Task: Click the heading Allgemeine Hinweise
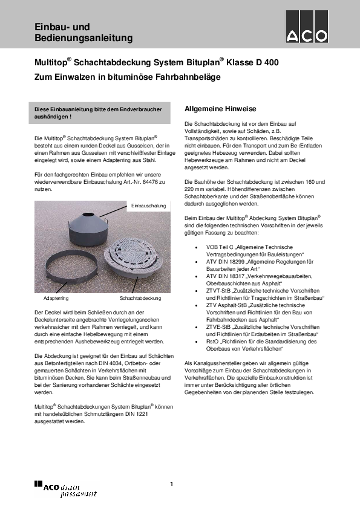coord(220,109)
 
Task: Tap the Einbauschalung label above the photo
coord(149,206)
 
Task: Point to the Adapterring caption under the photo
coord(56,298)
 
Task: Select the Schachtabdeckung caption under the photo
coord(140,298)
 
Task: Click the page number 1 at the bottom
coord(172,484)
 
